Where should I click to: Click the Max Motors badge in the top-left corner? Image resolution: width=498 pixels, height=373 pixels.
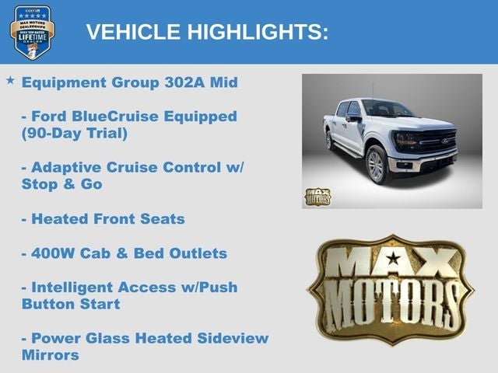coord(32,32)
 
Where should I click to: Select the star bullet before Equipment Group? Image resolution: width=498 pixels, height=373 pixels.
coord(10,80)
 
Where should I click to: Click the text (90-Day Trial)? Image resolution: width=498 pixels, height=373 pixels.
coord(74,133)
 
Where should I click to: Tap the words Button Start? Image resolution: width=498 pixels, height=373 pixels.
coord(71,304)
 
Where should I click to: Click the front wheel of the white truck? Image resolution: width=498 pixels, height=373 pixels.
coord(377,166)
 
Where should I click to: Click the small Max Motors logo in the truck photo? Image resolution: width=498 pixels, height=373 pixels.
coord(317,197)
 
